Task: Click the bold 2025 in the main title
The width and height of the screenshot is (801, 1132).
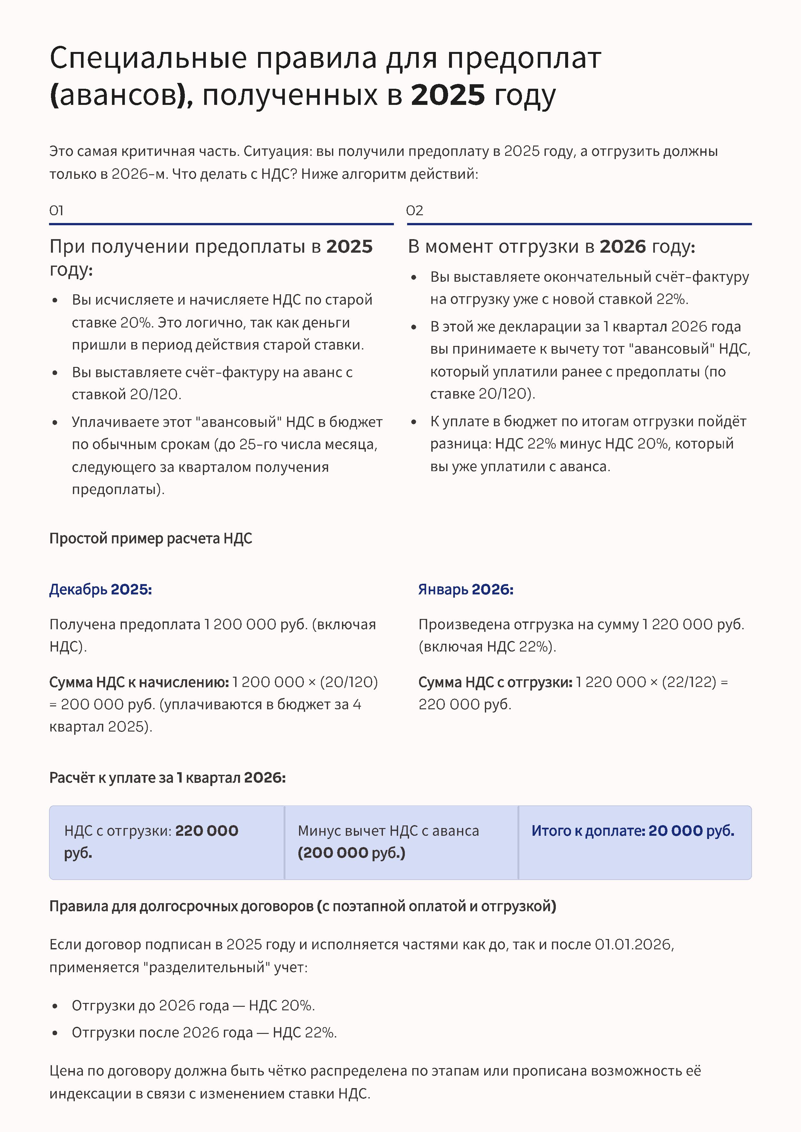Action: pos(448,95)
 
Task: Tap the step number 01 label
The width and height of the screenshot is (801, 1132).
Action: pos(56,211)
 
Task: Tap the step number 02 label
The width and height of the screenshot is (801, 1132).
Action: pos(414,211)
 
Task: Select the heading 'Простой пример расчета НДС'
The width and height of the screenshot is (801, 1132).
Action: pos(150,538)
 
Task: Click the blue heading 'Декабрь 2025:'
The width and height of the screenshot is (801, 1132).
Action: pos(101,590)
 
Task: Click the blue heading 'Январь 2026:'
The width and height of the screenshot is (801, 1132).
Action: pos(466,590)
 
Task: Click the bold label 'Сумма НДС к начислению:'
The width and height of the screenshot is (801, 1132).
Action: pos(139,682)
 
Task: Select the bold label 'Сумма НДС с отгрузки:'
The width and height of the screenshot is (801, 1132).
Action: pos(495,682)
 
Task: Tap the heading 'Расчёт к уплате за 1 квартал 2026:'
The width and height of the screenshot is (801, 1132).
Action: pos(167,778)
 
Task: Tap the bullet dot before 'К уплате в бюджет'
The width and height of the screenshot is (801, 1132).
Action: pos(414,422)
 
